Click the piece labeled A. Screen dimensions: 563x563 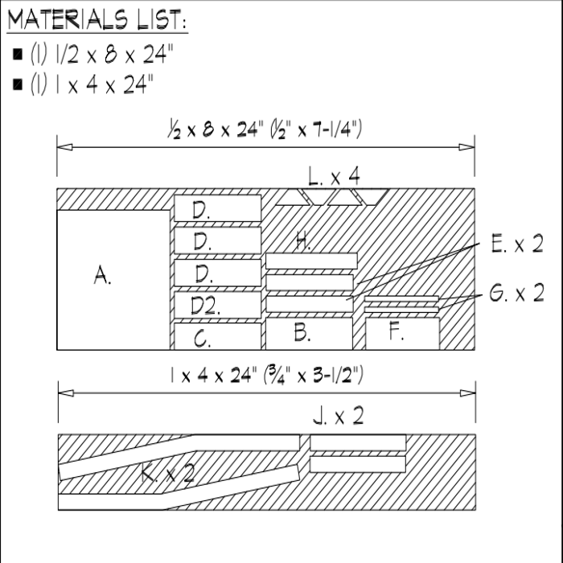pos(113,280)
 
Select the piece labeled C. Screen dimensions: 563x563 pos(218,336)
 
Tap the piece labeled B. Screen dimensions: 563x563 pos(309,333)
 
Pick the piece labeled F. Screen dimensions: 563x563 pos(402,333)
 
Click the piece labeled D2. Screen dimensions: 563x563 pos(218,305)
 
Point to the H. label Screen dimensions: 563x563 pos(303,241)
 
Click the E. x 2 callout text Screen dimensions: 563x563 pos(517,244)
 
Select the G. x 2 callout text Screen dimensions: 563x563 pos(517,293)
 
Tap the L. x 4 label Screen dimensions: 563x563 pos(334,176)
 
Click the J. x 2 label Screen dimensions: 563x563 pos(339,416)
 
